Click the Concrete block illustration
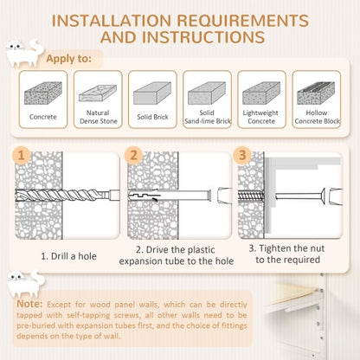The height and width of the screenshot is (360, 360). pos(43,93)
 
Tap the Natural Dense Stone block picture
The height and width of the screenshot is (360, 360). pos(98,93)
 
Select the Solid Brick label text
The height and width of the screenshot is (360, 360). pos(152,117)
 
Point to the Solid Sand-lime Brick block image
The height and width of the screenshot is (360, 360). pos(207,93)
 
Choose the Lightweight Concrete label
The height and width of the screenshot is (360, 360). pos(261,117)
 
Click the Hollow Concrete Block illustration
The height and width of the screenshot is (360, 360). pos(316,93)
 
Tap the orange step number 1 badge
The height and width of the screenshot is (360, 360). pos(21,156)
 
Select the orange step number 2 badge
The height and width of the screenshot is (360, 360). pos(133,156)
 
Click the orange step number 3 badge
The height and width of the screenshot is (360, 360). pos(242,156)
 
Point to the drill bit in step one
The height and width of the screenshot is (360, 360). pos(67,196)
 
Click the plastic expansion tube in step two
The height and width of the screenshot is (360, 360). pos(170,196)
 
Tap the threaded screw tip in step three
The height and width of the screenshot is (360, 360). pos(251,196)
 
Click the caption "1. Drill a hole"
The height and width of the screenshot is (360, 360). pos(68,256)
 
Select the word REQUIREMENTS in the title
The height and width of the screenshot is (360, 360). pos(242,21)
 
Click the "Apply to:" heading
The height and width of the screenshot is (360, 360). pos(68,59)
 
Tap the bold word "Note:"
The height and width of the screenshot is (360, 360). pos(29,304)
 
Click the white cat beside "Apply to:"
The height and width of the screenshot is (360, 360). pos(24,53)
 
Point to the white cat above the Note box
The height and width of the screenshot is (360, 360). pos(25,284)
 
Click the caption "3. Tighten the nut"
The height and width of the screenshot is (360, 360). pos(286,248)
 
